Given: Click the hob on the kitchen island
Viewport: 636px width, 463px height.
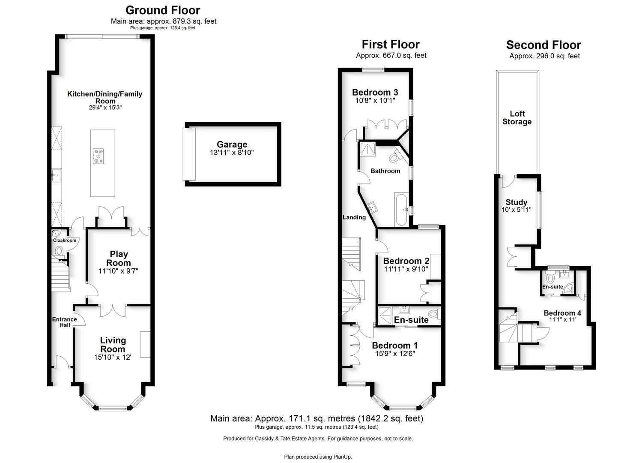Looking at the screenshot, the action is click(98, 156).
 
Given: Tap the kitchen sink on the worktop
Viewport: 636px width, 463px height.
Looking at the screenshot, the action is click(57, 175).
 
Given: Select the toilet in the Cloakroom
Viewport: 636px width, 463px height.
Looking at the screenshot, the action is click(59, 252).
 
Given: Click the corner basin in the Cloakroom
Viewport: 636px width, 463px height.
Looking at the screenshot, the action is click(55, 234).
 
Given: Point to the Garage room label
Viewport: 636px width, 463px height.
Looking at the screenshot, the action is click(232, 144).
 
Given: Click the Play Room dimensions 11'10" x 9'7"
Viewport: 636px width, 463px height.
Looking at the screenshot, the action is click(118, 271).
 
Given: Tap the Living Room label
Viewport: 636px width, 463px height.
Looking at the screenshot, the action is click(113, 345).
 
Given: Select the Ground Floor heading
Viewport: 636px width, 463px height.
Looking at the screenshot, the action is click(163, 10).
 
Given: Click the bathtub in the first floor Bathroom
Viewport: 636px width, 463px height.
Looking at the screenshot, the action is click(401, 210).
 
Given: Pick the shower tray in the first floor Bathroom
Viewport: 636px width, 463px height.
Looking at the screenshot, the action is click(368, 149).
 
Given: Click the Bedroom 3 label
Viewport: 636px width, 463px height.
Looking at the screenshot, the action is click(375, 92).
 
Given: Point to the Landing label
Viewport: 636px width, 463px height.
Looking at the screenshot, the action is click(354, 217).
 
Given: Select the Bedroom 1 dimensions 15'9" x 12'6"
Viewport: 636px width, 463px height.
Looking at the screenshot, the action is click(395, 354).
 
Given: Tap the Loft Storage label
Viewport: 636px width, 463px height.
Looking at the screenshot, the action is click(517, 117).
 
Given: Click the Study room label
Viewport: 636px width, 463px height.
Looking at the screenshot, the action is click(517, 202).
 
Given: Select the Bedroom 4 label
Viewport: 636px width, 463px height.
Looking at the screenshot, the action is click(562, 313).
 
